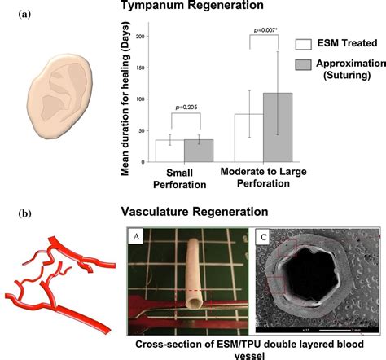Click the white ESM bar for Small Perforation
(169, 152)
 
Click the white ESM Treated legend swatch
(305, 44)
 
